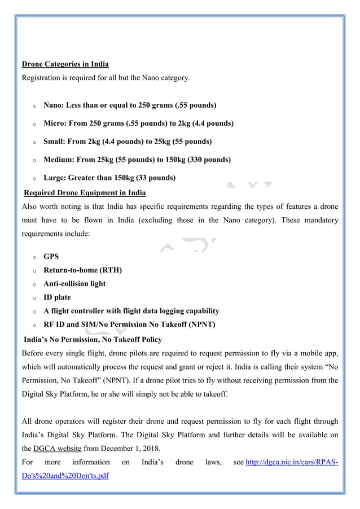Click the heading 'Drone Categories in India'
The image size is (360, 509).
click(65, 64)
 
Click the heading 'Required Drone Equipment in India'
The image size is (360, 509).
click(84, 193)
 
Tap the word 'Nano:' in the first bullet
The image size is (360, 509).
click(55, 105)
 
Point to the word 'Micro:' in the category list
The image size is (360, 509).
click(56, 123)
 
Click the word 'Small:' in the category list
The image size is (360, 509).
click(55, 141)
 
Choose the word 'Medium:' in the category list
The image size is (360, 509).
click(59, 160)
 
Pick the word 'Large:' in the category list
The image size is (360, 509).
click(56, 178)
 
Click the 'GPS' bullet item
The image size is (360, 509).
click(51, 256)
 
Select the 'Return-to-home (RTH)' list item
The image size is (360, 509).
click(82, 270)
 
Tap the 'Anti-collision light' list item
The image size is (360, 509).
click(74, 283)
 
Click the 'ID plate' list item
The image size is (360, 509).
click(58, 297)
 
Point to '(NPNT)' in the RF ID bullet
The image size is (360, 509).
click(199, 324)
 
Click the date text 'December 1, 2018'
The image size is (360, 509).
click(128, 448)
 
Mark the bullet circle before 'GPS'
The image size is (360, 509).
click(34, 257)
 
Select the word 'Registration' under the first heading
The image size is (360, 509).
click(42, 77)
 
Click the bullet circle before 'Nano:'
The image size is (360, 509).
click(34, 106)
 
